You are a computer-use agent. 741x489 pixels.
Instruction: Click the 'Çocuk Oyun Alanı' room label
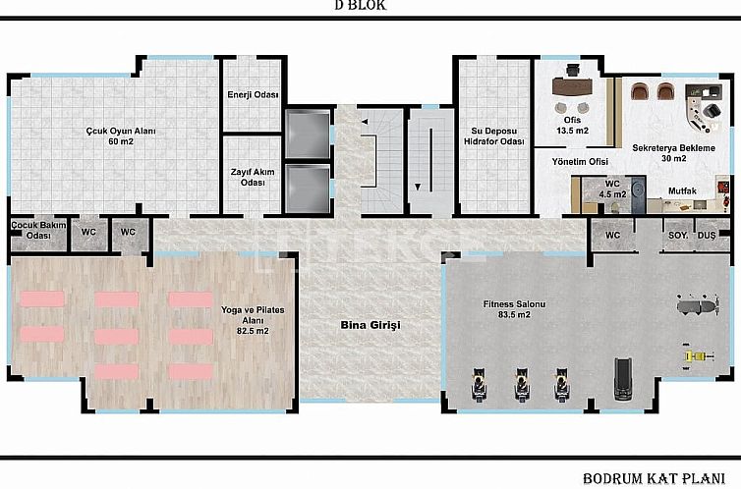120,136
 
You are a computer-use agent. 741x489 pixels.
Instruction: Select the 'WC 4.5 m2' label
612,189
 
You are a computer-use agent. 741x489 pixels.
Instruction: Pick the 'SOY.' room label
678,236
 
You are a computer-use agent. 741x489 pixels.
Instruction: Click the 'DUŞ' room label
706,236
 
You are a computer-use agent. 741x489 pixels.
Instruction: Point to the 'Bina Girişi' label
370,324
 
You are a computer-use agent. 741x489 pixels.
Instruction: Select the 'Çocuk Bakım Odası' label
29,230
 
